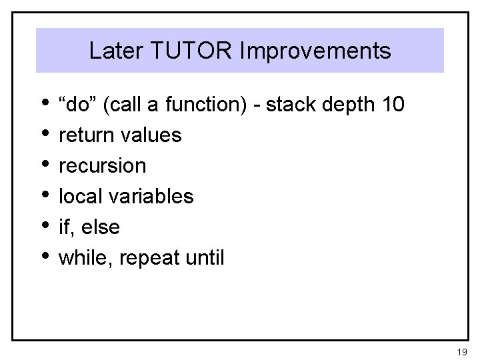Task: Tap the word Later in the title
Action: pos(113,51)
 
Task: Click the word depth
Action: pos(349,105)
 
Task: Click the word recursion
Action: pos(102,166)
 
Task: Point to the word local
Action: pos(77,196)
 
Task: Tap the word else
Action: pos(101,227)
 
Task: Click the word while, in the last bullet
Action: pos(83,257)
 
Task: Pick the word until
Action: pos(207,257)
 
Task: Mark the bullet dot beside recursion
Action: pos(45,163)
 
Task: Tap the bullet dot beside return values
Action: pos(45,132)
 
